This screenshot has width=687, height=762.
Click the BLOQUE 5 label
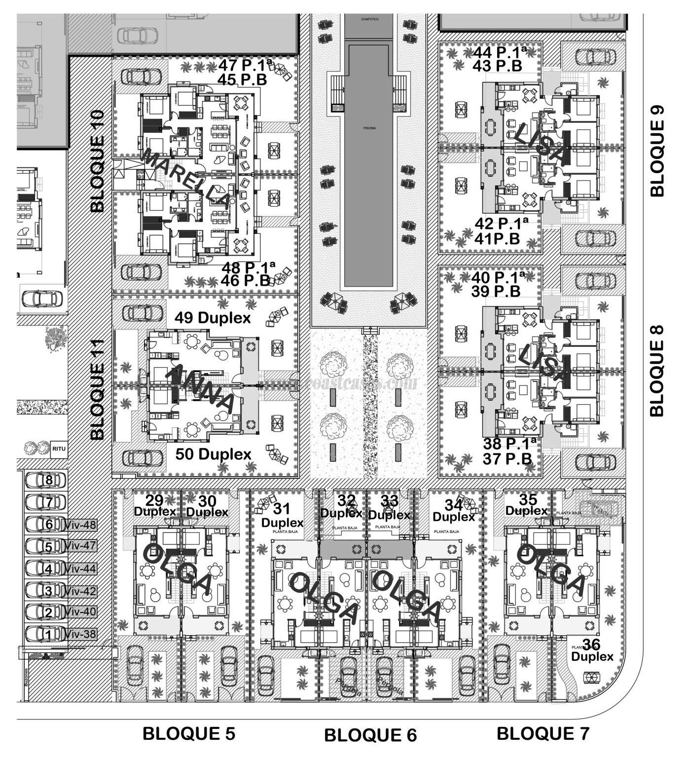[189, 734]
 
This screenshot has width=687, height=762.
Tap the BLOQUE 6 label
[370, 735]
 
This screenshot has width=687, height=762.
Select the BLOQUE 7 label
[542, 733]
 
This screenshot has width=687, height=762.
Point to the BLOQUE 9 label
[657, 152]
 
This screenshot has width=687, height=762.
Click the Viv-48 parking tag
[81, 525]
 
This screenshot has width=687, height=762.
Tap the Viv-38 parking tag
[81, 634]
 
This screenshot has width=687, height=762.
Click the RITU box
[59, 449]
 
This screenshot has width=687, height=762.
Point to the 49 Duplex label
[213, 318]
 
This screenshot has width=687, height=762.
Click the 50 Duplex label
[213, 454]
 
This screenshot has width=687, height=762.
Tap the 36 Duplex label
[592, 650]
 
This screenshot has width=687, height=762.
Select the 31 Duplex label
[282, 515]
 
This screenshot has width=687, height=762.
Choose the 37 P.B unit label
[507, 459]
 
